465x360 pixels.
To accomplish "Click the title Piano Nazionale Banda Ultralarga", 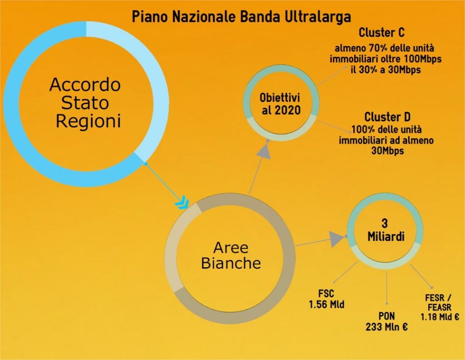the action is [x=241, y=17].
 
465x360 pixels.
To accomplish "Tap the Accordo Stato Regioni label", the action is [x=85, y=103].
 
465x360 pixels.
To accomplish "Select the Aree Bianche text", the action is [x=231, y=255].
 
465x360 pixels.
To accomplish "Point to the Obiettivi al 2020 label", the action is [x=280, y=104].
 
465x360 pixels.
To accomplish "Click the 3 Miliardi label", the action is [x=386, y=230].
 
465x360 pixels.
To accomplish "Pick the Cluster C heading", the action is [x=381, y=32].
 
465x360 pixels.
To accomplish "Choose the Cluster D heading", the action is [x=387, y=117].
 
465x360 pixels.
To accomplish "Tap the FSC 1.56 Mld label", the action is [x=326, y=299].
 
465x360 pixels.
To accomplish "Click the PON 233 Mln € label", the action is [x=386, y=321].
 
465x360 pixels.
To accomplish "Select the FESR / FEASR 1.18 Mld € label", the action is [x=440, y=307].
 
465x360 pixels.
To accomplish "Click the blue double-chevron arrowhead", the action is [x=182, y=202].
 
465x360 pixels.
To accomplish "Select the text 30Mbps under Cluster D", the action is [x=388, y=151].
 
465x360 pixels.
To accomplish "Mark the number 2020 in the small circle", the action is [x=288, y=110].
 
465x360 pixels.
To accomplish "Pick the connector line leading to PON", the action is [x=387, y=287].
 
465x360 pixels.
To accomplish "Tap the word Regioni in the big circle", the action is [x=89, y=121].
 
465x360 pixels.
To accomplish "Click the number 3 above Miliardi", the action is [x=385, y=224].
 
